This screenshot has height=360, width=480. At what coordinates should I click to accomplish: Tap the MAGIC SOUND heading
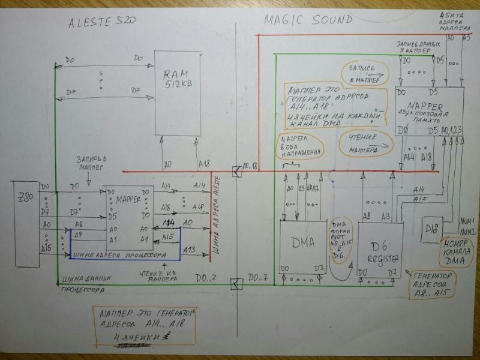pyautogui.click(x=308, y=20)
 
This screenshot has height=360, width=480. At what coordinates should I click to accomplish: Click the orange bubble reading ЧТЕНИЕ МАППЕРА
pyautogui.click(x=365, y=144)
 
